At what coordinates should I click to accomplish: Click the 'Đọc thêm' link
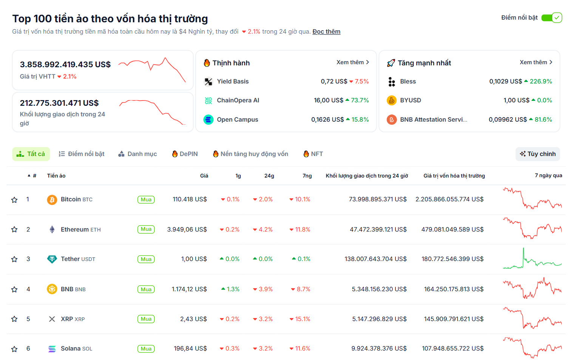click(x=326, y=32)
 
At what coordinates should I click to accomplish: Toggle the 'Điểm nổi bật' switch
click(x=551, y=18)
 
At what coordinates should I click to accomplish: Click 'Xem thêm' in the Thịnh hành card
click(x=352, y=62)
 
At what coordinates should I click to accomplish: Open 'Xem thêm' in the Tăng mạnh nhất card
click(x=536, y=62)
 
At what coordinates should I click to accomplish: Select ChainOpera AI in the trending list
click(x=238, y=100)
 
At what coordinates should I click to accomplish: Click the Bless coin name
click(x=408, y=82)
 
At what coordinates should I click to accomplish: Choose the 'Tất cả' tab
click(x=31, y=154)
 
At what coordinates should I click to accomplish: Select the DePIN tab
click(x=185, y=154)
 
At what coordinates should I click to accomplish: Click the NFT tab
click(x=313, y=154)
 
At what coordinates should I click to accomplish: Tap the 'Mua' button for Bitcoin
click(x=146, y=200)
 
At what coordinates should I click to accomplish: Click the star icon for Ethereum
click(x=14, y=230)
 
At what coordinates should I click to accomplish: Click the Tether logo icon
click(x=52, y=259)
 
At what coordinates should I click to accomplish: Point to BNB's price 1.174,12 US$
click(x=189, y=289)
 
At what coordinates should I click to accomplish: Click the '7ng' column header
click(x=307, y=176)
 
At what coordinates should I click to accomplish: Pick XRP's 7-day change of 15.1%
click(x=300, y=319)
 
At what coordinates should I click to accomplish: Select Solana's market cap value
click(x=453, y=349)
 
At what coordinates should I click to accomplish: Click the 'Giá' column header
click(x=204, y=176)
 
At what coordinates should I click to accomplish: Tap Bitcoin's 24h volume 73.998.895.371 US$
click(x=378, y=199)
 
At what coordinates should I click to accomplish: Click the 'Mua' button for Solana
click(x=146, y=349)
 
